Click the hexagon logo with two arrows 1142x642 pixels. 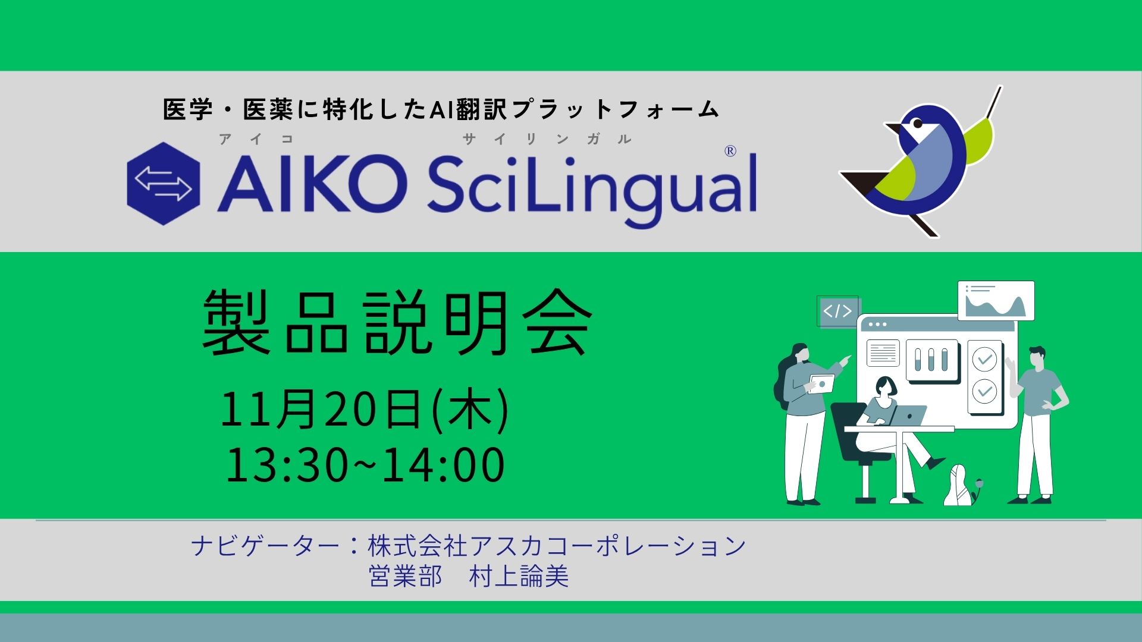tap(164, 184)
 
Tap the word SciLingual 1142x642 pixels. tap(591, 185)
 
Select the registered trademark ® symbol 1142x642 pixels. tap(730, 152)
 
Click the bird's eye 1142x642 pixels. tap(917, 123)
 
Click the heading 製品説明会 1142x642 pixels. tap(397, 324)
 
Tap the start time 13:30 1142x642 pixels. tap(287, 464)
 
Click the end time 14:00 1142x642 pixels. tap(443, 464)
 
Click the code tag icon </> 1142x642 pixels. tap(837, 311)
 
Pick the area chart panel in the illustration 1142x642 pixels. tap(996, 301)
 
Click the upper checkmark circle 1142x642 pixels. tap(984, 359)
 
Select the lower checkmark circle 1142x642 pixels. tap(984, 391)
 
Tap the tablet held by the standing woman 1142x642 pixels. tap(821, 383)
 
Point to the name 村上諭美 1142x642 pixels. tap(519, 576)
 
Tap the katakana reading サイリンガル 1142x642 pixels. tap(547, 140)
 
